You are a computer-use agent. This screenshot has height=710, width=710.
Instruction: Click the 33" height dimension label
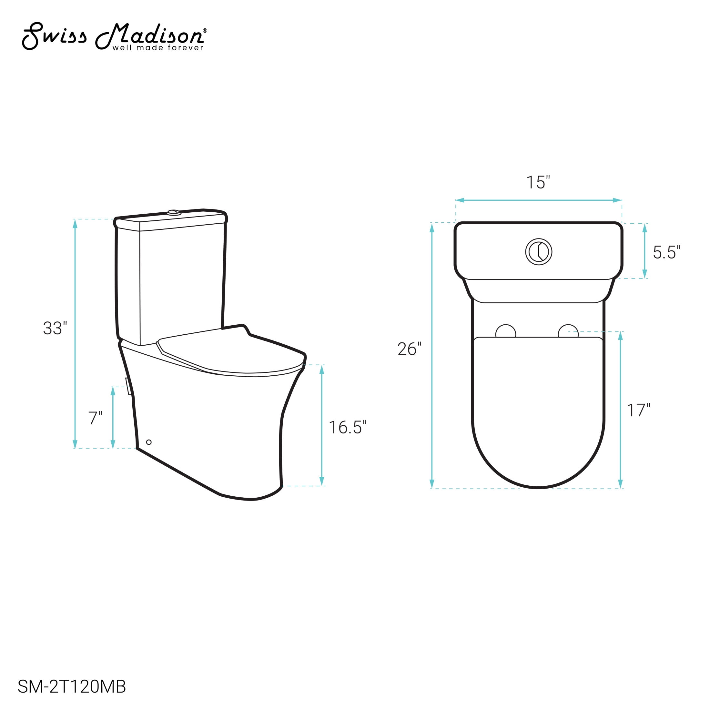tap(55, 328)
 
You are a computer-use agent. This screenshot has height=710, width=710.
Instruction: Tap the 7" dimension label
tap(95, 418)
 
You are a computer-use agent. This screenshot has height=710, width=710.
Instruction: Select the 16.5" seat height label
tap(347, 427)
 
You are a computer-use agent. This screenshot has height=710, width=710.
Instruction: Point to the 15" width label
tap(538, 182)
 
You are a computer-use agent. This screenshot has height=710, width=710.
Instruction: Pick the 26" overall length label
tap(410, 349)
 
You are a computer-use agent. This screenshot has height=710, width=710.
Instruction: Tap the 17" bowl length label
tap(638, 410)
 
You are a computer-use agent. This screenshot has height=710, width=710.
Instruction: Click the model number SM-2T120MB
tap(72, 686)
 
